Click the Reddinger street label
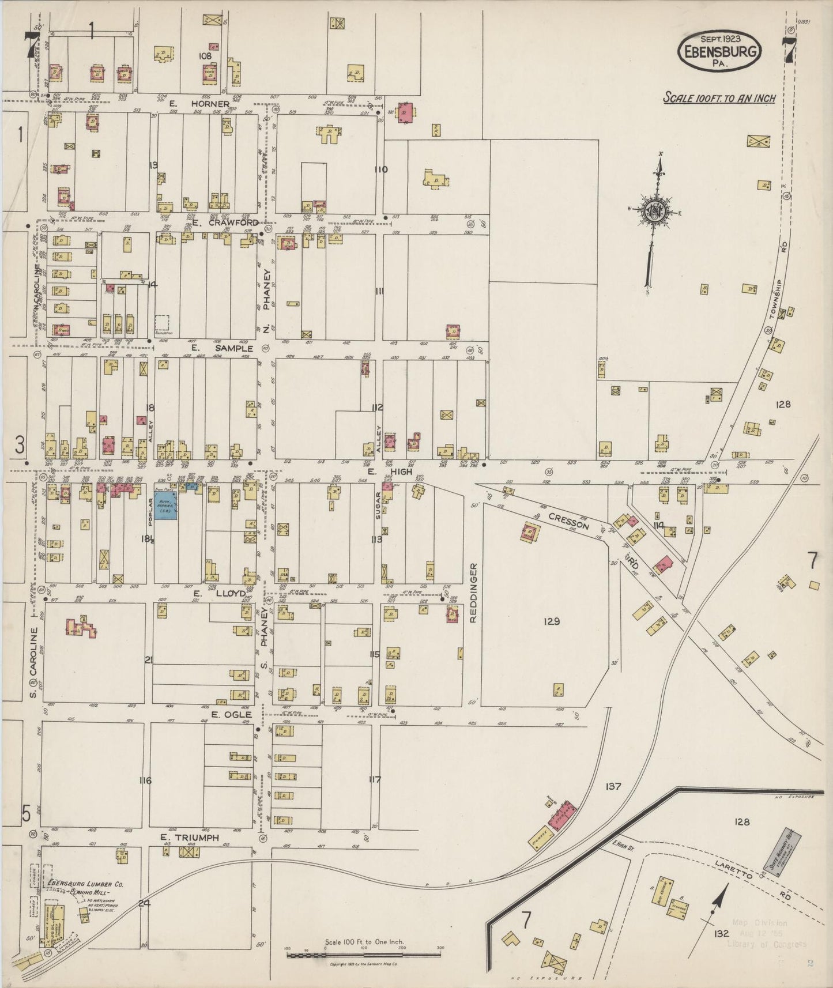pyautogui.click(x=474, y=593)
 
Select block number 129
pyautogui.click(x=551, y=621)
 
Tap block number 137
pyautogui.click(x=613, y=786)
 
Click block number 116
pyautogui.click(x=145, y=780)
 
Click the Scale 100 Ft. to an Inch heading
pyautogui.click(x=719, y=98)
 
